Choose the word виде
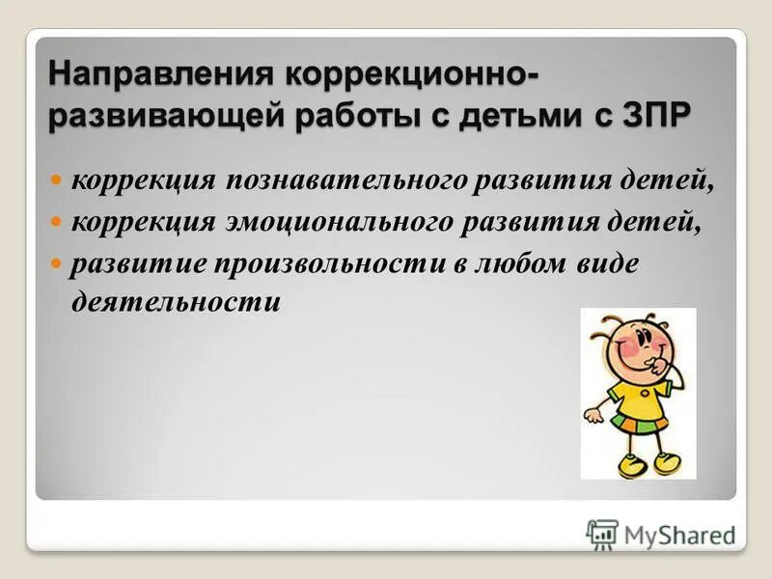click(x=607, y=264)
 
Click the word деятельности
click(x=176, y=301)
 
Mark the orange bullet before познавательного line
click(x=56, y=179)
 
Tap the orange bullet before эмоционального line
click(x=56, y=221)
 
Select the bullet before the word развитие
click(x=56, y=262)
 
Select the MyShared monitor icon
click(x=602, y=534)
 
